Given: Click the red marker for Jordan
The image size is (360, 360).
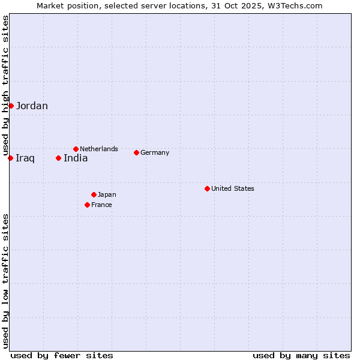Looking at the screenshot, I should coord(11,106).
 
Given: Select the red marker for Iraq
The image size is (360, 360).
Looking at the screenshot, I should coord(11,158).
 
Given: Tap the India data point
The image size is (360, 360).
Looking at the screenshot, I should coord(58,158).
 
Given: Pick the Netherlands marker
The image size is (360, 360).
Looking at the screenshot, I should coord(76,149).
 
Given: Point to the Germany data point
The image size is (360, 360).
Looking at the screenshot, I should coord(136,152).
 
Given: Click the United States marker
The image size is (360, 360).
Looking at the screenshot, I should coord(207,188).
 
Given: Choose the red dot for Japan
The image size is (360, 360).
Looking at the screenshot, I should coord(94,194).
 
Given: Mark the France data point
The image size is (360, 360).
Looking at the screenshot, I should coord(87,205).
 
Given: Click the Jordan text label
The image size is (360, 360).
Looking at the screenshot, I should coord(32,106).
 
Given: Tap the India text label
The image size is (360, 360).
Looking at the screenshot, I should coord(76,158).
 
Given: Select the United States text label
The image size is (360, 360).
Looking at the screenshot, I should coord(233,188).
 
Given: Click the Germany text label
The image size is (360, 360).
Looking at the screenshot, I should coord(155,152).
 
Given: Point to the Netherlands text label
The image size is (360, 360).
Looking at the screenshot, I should coord(99,149).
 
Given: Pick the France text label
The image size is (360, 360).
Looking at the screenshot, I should coord(101,205).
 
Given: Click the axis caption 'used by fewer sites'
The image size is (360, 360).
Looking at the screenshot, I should coord(62,355).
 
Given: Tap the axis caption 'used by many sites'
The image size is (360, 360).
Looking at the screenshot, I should coord(301,355).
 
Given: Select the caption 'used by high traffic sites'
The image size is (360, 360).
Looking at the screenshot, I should coord(5,85).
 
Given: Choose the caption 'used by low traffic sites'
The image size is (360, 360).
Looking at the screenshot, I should coord(5,281).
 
